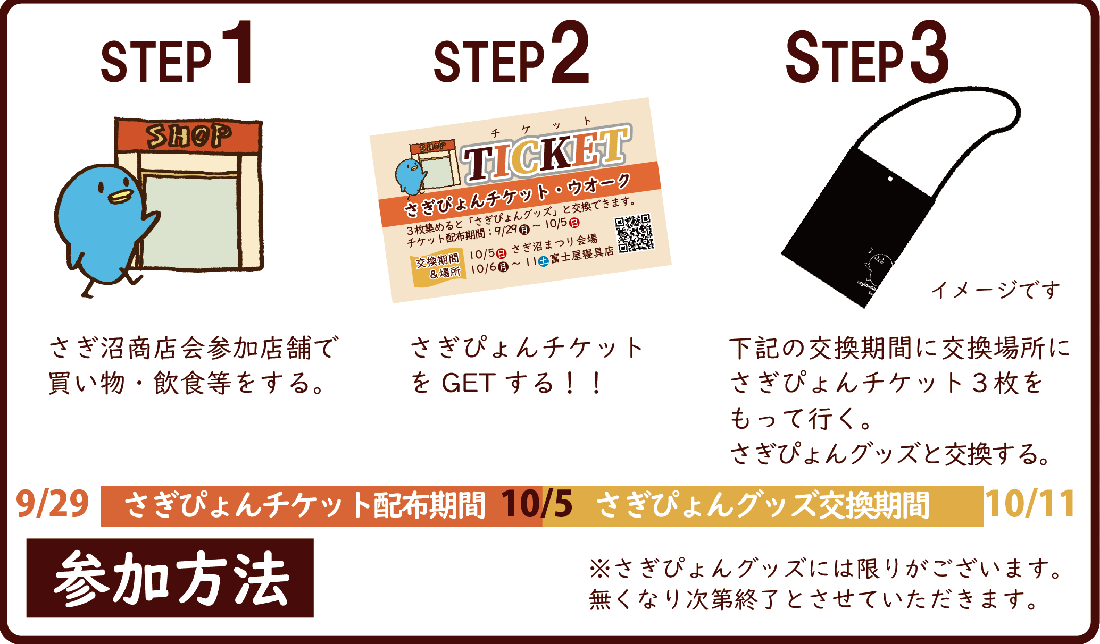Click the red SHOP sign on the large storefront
tap(189, 136)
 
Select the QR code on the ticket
tap(634, 233)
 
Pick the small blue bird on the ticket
tap(410, 176)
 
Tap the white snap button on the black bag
tap(890, 179)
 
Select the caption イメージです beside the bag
tap(995, 290)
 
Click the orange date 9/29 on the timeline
tap(52, 504)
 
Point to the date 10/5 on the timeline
tap(537, 504)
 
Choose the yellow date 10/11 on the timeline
tap(1030, 504)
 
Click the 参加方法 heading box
tap(170, 578)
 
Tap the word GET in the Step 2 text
tap(468, 383)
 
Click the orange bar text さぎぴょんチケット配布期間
tap(305, 505)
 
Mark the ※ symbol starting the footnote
tap(600, 569)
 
